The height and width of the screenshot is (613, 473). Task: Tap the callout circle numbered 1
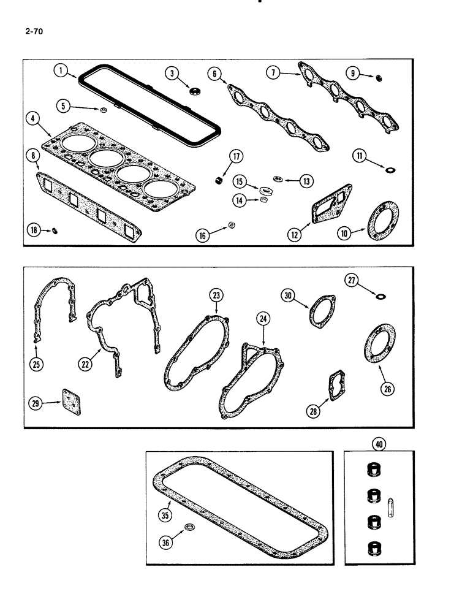tap(61, 71)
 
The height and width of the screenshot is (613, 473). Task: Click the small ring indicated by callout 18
tap(54, 230)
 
